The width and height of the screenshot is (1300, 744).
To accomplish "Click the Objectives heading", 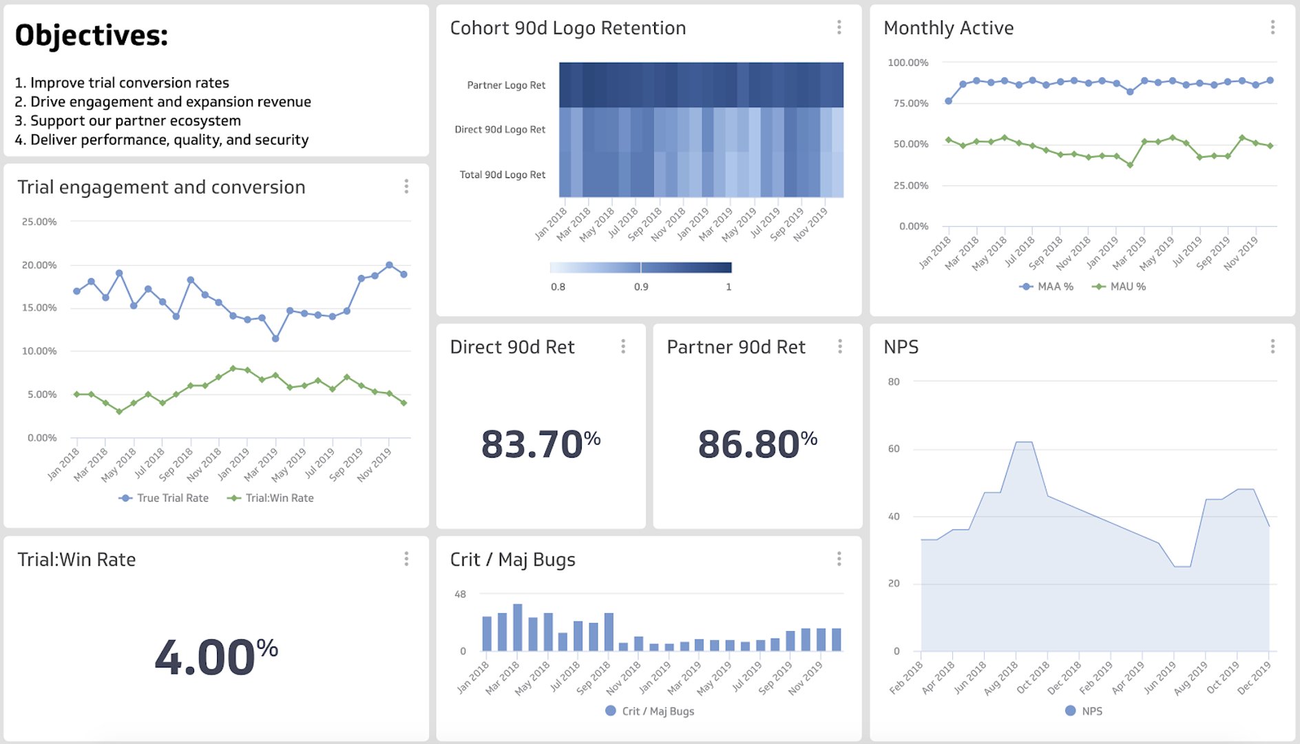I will [x=92, y=36].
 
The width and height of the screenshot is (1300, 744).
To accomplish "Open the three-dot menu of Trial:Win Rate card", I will [x=406, y=559].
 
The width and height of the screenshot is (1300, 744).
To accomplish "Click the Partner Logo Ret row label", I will [x=506, y=85].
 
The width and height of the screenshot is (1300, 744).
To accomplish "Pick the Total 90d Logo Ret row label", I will [x=502, y=175].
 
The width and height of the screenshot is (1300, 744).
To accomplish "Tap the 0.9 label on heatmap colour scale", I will [x=641, y=287].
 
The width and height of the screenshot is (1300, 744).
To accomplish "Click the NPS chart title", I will [x=901, y=347].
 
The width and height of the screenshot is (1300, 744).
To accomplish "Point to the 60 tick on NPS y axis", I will [x=894, y=448].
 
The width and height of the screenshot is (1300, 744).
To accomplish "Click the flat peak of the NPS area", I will [x=1025, y=442].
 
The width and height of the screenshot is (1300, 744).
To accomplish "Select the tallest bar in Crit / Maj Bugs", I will [x=518, y=628].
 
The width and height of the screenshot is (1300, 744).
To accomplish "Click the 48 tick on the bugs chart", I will [x=460, y=594].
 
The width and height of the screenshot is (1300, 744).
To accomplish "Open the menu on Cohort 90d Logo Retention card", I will [x=839, y=28].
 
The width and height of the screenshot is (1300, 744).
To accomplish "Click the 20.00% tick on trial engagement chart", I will [x=39, y=265].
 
